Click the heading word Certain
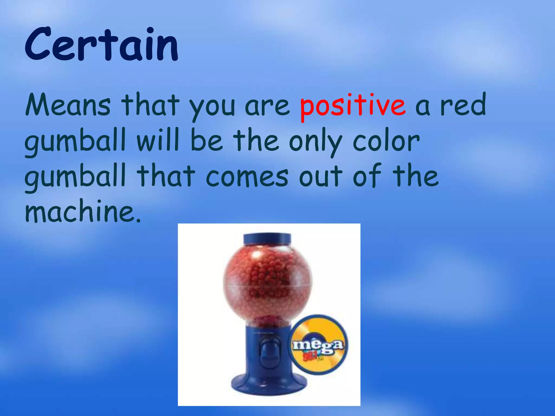coord(101,45)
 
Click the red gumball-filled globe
coord(267,284)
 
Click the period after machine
coord(138,220)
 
